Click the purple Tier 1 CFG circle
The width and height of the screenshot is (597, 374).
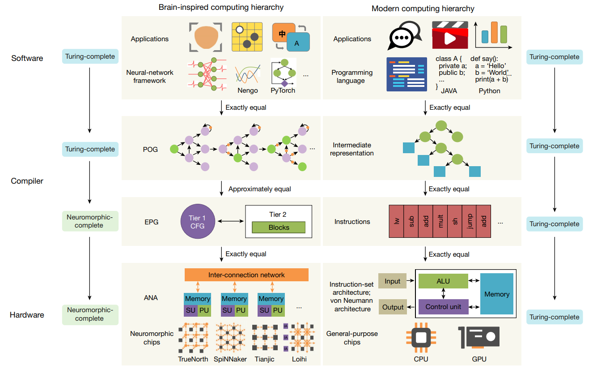pyautogui.click(x=198, y=221)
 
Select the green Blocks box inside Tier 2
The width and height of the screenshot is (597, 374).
pyautogui.click(x=279, y=227)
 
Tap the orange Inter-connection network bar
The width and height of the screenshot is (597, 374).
pyautogui.click(x=246, y=275)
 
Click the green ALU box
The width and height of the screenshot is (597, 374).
pyautogui.click(x=443, y=281)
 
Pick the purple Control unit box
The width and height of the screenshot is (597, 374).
pyautogui.click(x=443, y=307)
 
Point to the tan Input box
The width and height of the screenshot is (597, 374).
pyautogui.click(x=392, y=281)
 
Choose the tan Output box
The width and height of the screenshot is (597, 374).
pyautogui.click(x=393, y=307)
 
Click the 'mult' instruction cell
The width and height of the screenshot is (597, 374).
pyautogui.click(x=440, y=221)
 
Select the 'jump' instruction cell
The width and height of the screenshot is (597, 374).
pyautogui.click(x=470, y=221)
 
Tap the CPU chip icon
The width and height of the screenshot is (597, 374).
pyautogui.click(x=421, y=338)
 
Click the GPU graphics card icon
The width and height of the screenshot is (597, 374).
pyautogui.click(x=479, y=337)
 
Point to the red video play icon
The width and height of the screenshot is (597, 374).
pyautogui.click(x=450, y=35)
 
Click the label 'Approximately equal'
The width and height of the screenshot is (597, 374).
pyautogui.click(x=259, y=189)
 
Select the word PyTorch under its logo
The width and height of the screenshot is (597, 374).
pyautogui.click(x=283, y=90)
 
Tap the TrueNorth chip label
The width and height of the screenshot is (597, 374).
pyautogui.click(x=193, y=359)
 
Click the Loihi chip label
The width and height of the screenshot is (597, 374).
pyautogui.click(x=299, y=359)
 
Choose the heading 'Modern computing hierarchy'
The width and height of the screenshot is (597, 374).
pyautogui.click(x=423, y=9)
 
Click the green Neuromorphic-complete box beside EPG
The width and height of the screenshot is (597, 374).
pyautogui.click(x=90, y=221)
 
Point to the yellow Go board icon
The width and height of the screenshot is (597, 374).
pyautogui.click(x=247, y=37)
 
